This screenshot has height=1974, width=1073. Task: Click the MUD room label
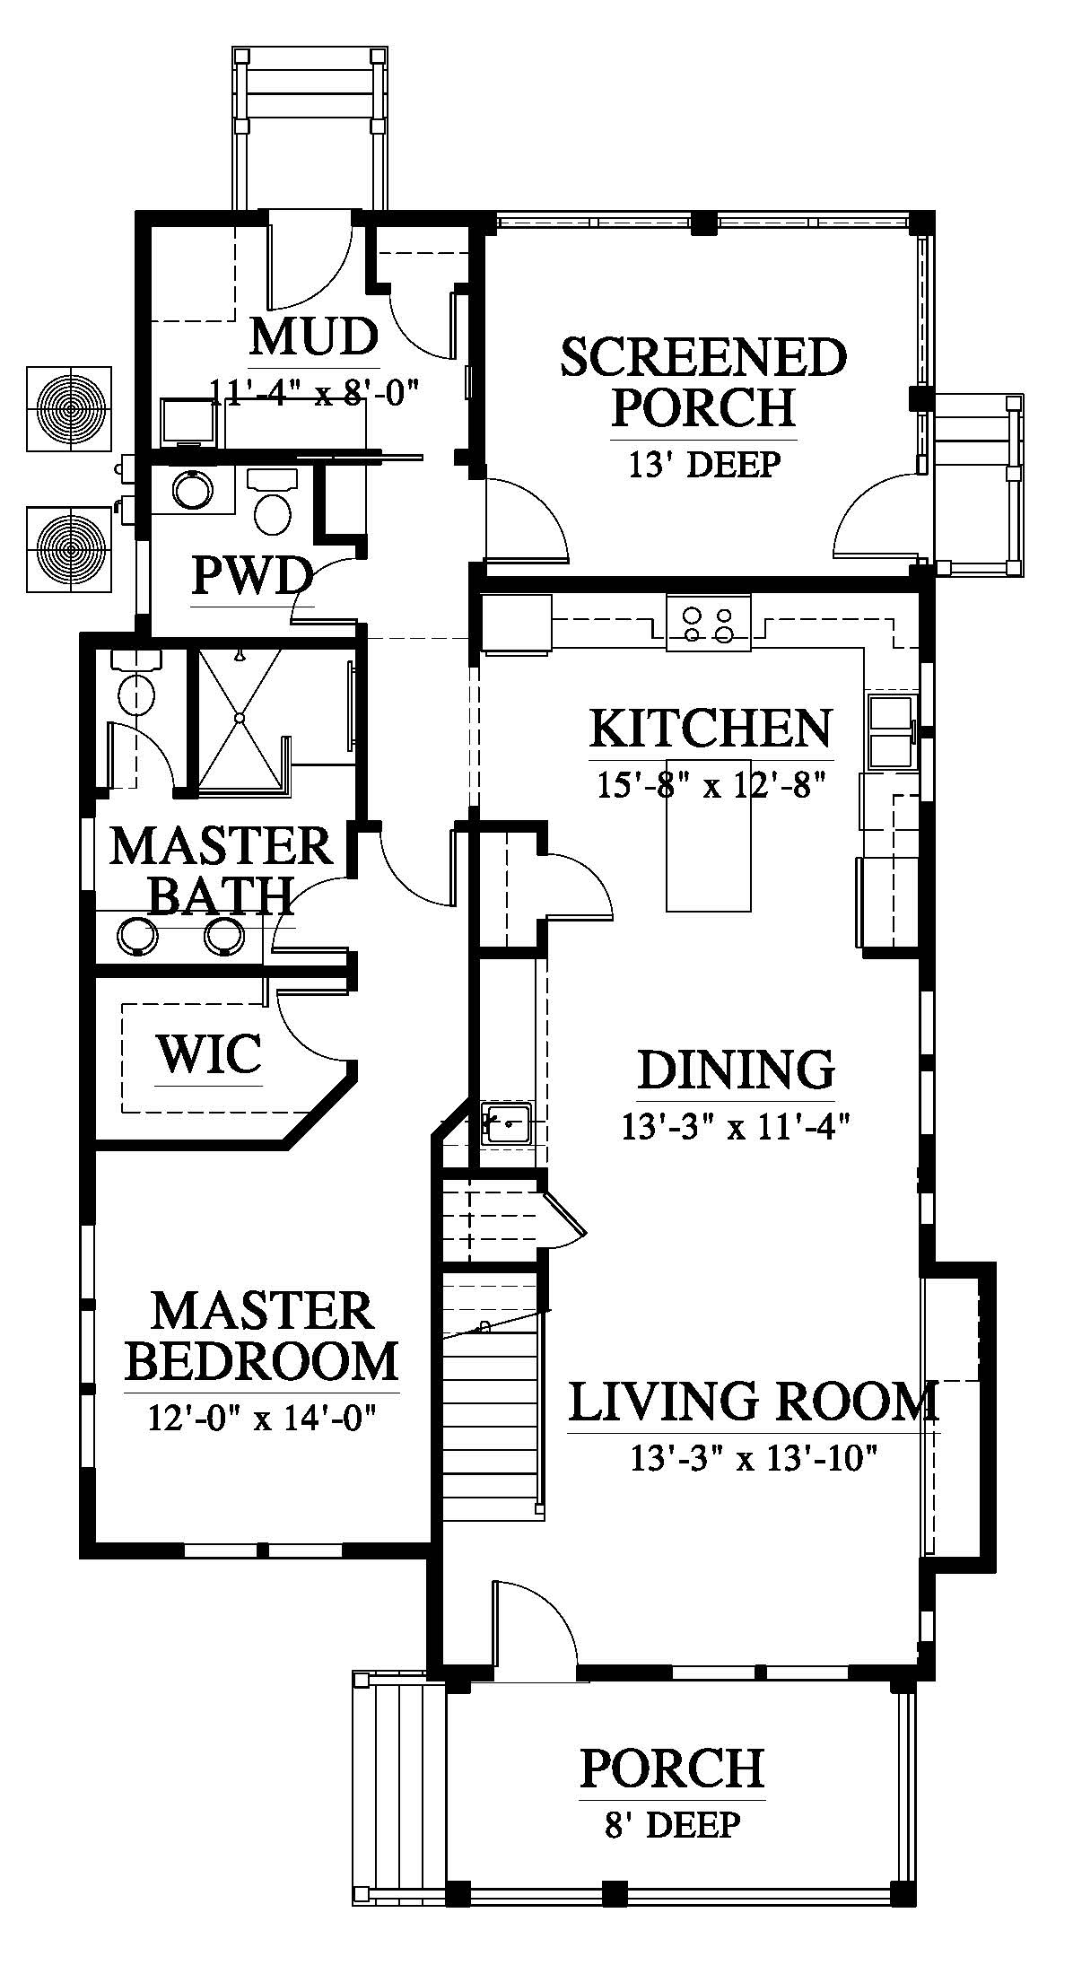pos(313,338)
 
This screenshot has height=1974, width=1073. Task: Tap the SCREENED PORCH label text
pos(703,382)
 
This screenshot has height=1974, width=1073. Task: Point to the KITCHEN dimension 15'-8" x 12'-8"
pos(710,783)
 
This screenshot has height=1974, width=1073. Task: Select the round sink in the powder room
pos(193,490)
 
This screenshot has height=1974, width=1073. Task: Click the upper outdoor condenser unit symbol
pos(69,408)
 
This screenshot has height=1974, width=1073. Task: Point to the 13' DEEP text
pos(703,465)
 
